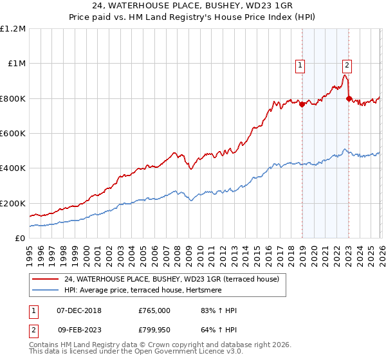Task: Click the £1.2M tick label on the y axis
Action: pyautogui.click(x=13, y=29)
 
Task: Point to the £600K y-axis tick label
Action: pyautogui.click(x=13, y=134)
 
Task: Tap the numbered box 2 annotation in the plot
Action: pyautogui.click(x=347, y=64)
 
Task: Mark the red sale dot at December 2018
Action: pyautogui.click(x=302, y=105)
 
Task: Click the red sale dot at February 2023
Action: pyautogui.click(x=349, y=98)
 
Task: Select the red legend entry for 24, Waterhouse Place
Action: pyautogui.click(x=171, y=279)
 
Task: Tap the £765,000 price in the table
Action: pyautogui.click(x=154, y=310)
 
